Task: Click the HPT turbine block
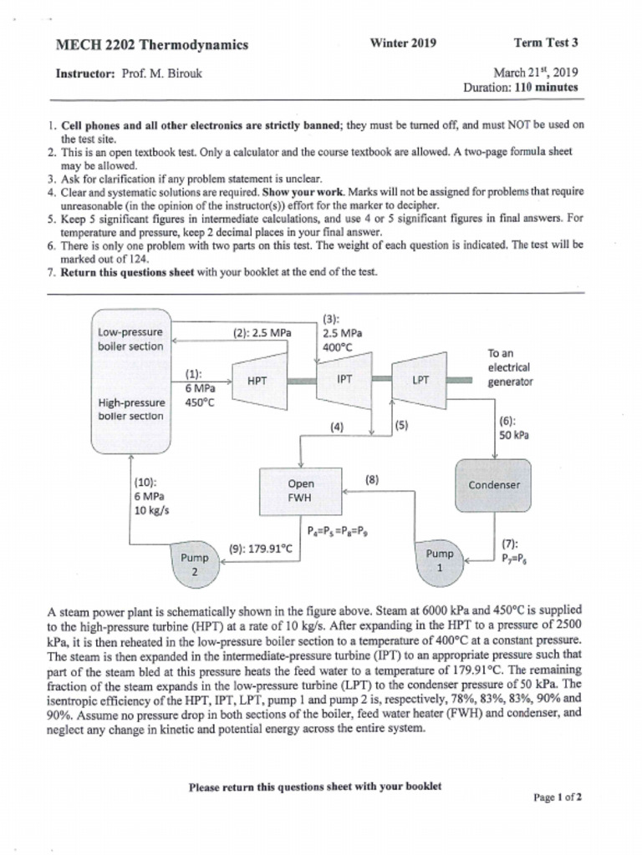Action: [257, 380]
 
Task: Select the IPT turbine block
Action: [344, 379]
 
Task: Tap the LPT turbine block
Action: [420, 380]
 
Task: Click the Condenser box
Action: [494, 484]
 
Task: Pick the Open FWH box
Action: [301, 491]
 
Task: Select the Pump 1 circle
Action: [440, 560]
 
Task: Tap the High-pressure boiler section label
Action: [132, 409]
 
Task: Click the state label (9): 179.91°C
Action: [260, 549]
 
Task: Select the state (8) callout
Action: [373, 479]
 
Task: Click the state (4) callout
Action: [337, 427]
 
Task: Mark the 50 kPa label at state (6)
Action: [513, 435]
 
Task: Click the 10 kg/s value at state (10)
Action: [151, 510]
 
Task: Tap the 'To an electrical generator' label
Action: [510, 368]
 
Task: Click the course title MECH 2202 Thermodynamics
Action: [151, 45]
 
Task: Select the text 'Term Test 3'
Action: [546, 43]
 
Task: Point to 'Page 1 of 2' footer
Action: [558, 797]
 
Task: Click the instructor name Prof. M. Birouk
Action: [161, 73]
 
